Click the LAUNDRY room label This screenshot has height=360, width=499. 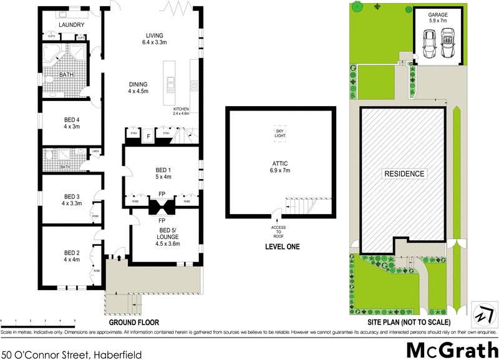tap(71, 24)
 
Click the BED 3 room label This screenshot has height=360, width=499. tap(72, 199)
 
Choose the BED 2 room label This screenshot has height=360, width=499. tap(72, 256)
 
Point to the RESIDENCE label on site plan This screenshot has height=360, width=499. tap(404, 174)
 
